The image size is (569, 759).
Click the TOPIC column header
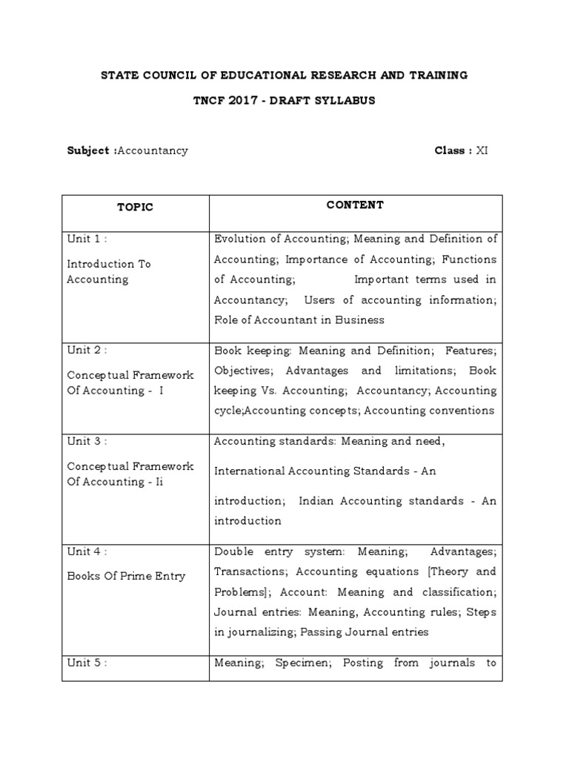[x=135, y=208]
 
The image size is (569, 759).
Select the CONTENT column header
[x=355, y=205]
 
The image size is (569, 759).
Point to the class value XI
[x=482, y=150]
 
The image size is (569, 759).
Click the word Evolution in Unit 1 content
[x=241, y=239]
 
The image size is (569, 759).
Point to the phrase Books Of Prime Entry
[x=126, y=576]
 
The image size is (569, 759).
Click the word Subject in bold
[x=88, y=150]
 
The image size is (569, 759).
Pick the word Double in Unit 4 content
[x=232, y=551]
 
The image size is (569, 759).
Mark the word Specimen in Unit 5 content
[x=302, y=663]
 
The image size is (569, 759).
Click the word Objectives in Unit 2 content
[x=243, y=370]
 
